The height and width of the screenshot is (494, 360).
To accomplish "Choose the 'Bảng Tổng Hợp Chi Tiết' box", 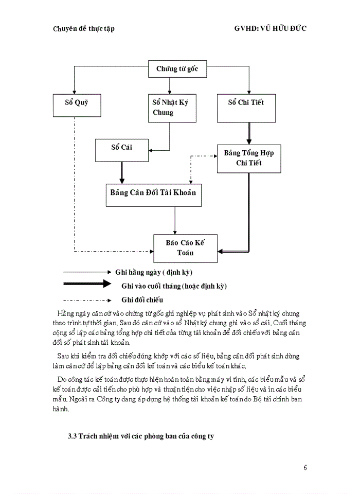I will pos(249,158).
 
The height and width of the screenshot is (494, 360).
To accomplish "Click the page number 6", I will pos(305,467).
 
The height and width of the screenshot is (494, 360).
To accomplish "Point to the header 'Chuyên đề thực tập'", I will pos(84,29).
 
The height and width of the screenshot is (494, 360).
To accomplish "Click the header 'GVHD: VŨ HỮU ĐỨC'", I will pos(271,29).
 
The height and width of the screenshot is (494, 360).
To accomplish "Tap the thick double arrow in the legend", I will pos(87,284).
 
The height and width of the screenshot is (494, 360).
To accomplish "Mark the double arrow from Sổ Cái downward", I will pos(122,172).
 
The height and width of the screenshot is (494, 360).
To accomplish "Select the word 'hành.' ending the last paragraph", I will pos(60,410).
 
